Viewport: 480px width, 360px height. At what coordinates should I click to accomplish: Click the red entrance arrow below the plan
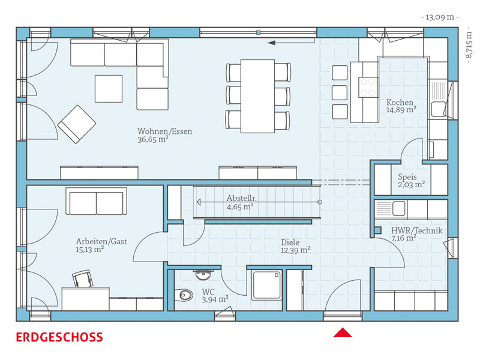[343, 332]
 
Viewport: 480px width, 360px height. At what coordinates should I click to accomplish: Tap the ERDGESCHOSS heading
[59, 337]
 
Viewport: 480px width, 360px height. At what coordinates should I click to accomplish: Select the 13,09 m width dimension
[440, 17]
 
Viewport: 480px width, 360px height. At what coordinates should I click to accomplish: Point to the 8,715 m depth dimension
[469, 45]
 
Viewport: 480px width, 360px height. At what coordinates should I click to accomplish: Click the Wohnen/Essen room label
[164, 131]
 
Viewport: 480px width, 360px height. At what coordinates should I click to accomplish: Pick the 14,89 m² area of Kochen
[401, 110]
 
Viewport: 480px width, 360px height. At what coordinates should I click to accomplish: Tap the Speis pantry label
[407, 177]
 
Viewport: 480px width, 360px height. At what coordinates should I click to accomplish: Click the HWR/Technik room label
[416, 230]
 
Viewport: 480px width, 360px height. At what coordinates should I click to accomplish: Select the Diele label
[290, 242]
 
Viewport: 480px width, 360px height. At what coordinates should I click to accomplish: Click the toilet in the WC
[184, 295]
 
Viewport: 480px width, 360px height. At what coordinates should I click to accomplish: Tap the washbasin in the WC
[203, 275]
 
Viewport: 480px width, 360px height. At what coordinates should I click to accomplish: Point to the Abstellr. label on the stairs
[242, 198]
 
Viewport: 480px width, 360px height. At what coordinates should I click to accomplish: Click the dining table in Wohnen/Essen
[257, 96]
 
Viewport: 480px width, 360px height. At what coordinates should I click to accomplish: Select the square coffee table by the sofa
[109, 89]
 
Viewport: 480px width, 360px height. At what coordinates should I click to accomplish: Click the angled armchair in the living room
[77, 124]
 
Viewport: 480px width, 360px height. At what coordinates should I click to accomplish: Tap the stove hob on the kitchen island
[368, 87]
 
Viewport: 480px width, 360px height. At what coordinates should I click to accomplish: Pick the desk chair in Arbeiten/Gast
[83, 278]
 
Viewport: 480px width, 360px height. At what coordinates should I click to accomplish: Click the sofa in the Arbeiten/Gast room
[96, 202]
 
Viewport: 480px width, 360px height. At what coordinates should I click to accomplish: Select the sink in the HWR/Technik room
[399, 209]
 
